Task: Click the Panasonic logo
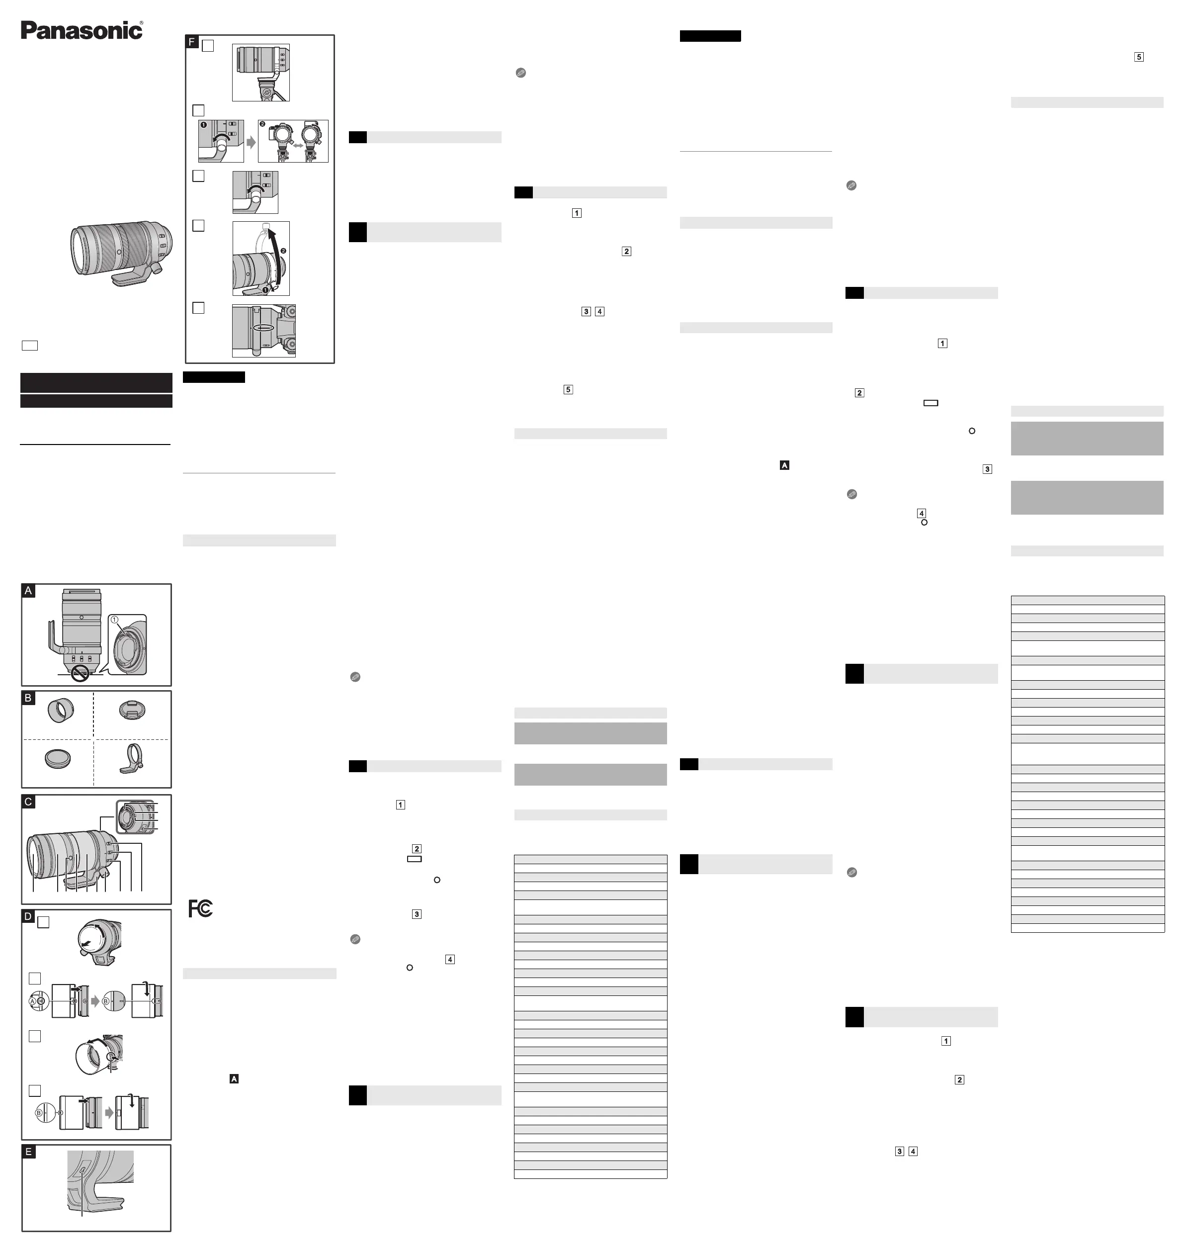click(x=82, y=30)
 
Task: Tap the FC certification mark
click(x=201, y=908)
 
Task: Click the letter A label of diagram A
click(x=28, y=590)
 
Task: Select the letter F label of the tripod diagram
click(x=192, y=42)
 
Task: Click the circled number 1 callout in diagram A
click(x=115, y=620)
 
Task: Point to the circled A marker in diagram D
click(x=33, y=1001)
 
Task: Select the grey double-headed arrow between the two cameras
click(x=295, y=145)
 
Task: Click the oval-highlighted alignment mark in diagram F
click(x=264, y=328)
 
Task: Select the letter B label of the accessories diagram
click(x=28, y=698)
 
